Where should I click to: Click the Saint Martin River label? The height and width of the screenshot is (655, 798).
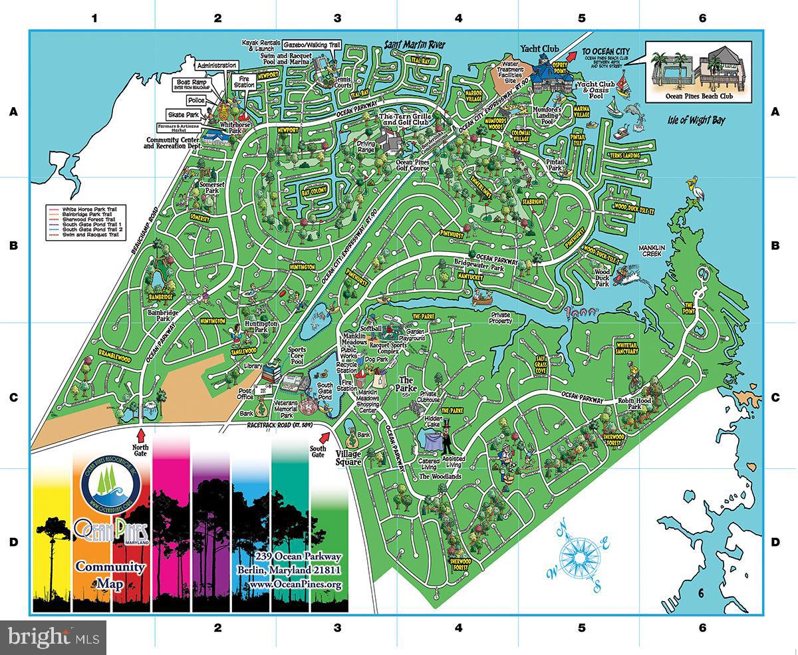point(416,45)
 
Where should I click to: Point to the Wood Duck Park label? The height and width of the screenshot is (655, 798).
point(602,277)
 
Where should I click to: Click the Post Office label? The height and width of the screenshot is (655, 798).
point(245,394)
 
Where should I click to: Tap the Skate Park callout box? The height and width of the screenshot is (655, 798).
point(180,114)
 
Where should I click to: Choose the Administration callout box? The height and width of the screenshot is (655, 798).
point(216,65)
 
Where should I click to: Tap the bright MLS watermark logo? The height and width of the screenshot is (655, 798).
point(53,637)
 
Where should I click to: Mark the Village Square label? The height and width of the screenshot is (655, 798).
point(348,458)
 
